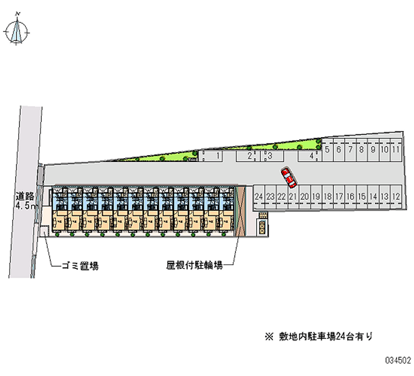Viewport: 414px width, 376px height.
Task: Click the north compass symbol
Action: point(17,31)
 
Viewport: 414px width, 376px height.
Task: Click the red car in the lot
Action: point(288,177)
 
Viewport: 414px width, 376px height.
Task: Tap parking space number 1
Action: point(218,155)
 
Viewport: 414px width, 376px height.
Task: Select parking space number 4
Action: point(312,155)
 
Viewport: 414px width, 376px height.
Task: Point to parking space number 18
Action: point(328,197)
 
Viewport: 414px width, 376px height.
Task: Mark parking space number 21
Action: point(293,197)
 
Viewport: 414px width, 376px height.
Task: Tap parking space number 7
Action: point(351,149)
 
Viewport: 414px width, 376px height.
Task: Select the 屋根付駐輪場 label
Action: point(195,266)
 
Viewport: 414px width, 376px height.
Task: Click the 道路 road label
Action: point(24,196)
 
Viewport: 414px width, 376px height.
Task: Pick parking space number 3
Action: point(270,155)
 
